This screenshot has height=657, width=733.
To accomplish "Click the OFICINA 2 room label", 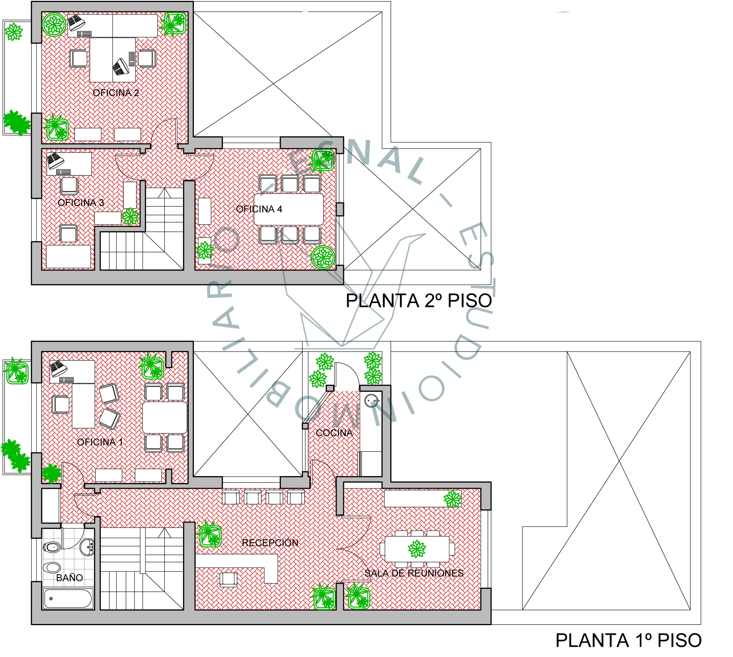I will (x=116, y=93).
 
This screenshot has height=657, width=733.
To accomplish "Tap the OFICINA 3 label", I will (x=81, y=203).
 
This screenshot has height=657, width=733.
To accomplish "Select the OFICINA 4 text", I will (x=259, y=209).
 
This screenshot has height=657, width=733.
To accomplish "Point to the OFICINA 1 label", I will (x=100, y=442).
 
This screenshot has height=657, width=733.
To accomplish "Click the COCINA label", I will (x=334, y=433).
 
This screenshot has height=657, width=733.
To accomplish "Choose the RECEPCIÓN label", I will (x=270, y=543).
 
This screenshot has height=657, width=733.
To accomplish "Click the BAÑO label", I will (x=69, y=578).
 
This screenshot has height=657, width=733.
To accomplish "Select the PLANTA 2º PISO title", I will (x=419, y=301).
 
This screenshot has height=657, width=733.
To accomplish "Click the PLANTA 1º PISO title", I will (x=628, y=641).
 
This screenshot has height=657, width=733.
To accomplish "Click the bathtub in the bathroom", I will (x=68, y=599).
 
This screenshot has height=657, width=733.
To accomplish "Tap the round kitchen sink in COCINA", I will (x=371, y=401).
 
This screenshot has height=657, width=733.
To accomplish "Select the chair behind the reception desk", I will (x=229, y=579).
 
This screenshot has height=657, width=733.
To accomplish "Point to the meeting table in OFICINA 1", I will (x=165, y=418).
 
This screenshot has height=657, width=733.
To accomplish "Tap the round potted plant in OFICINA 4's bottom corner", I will (x=323, y=257).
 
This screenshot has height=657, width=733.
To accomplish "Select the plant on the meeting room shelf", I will (x=452, y=499).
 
